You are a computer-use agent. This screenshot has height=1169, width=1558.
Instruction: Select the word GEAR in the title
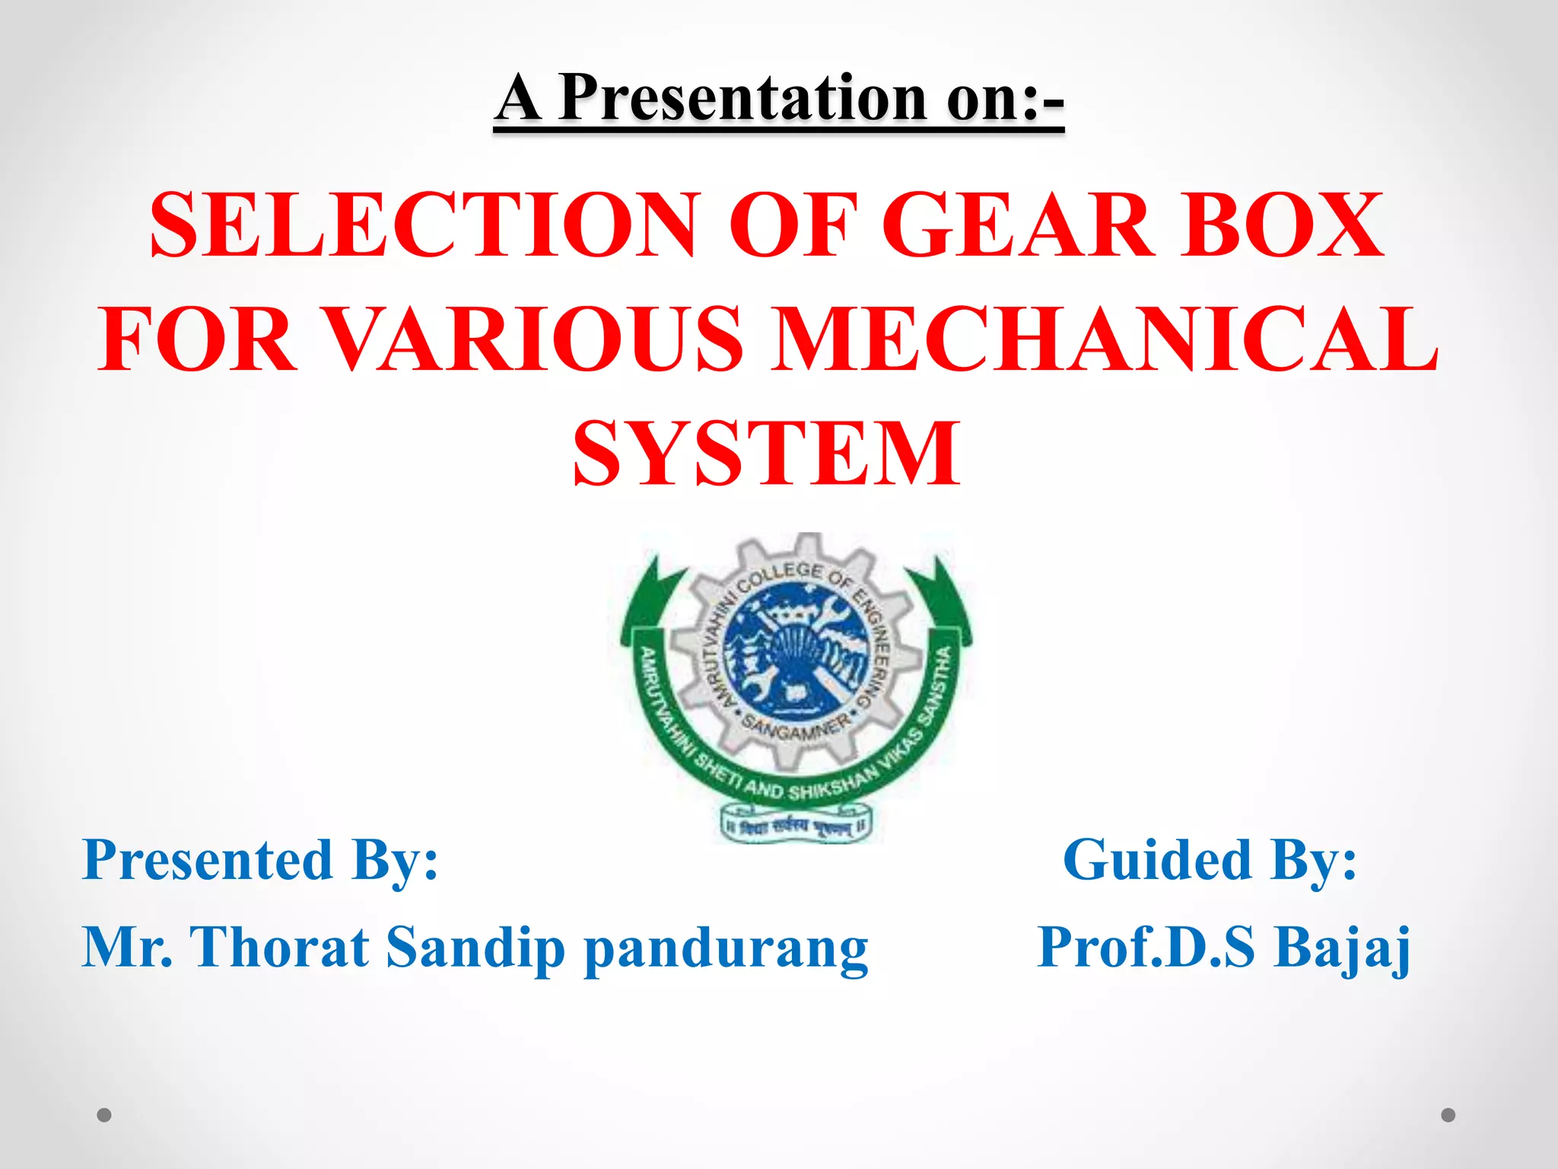coord(1016,225)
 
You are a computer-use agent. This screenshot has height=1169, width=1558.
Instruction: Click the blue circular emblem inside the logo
coord(795,651)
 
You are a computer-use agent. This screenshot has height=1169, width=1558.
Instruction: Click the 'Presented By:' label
coord(260,861)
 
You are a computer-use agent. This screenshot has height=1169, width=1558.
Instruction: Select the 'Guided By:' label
coord(1210,861)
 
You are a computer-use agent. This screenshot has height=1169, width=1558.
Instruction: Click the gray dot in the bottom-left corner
coord(104,1115)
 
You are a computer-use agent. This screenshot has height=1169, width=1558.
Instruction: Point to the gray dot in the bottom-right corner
coord(1448,1115)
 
